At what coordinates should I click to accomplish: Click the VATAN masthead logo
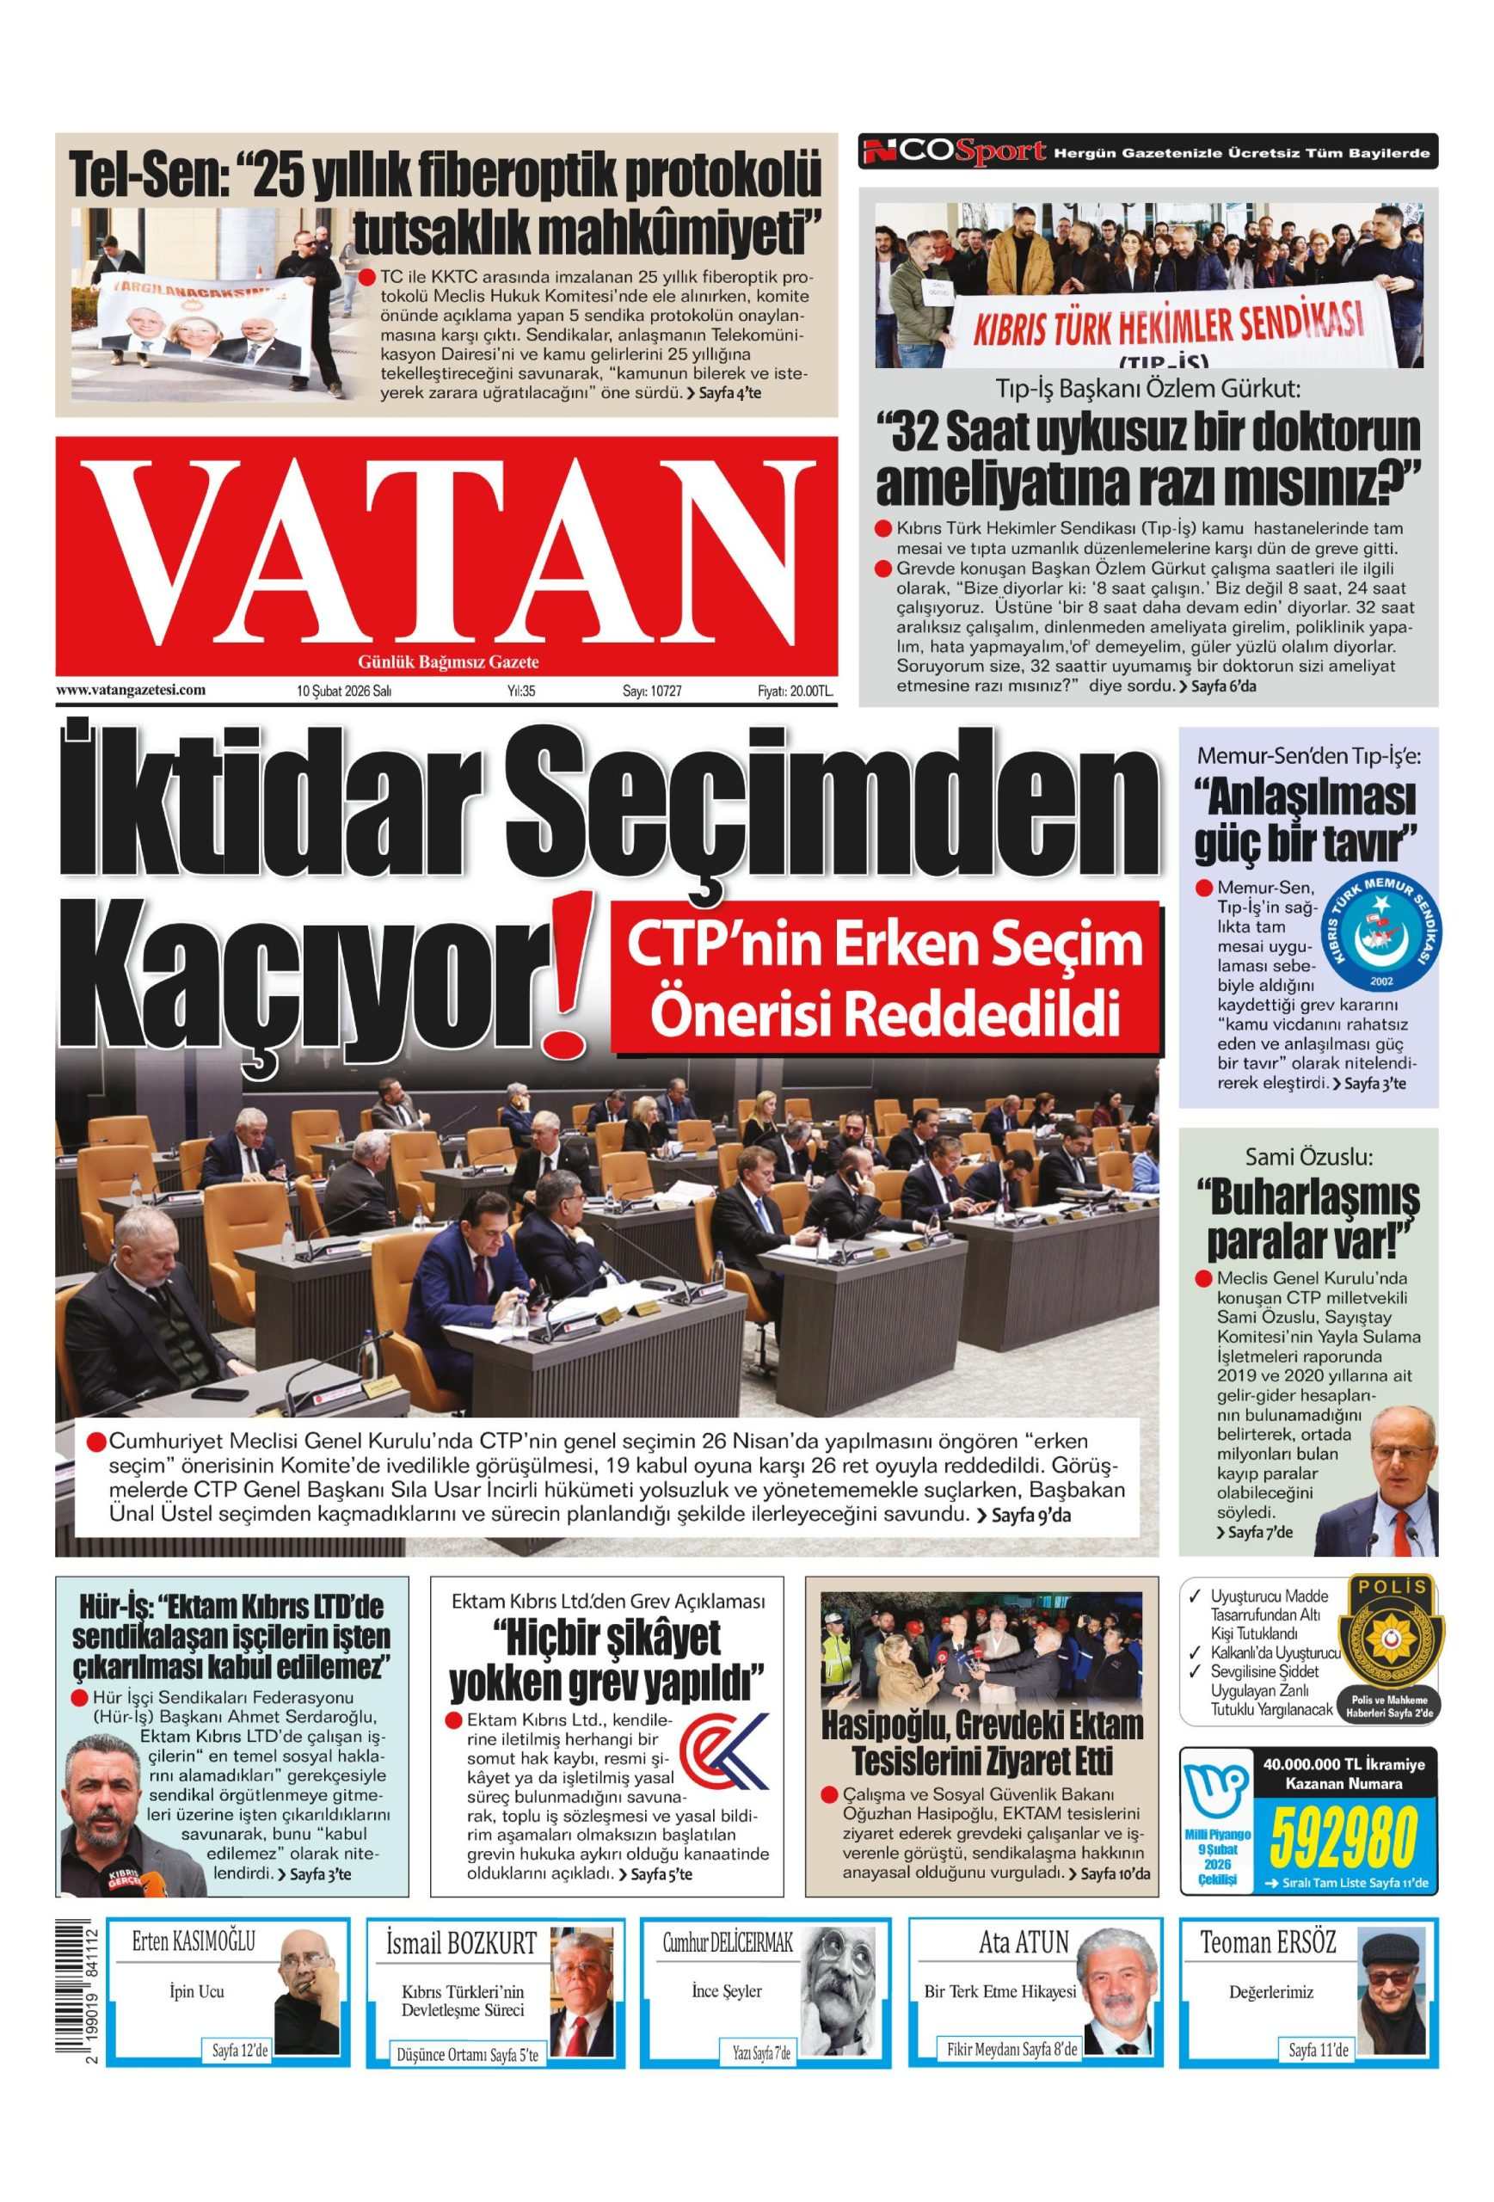pos(446,553)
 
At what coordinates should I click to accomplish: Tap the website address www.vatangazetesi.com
pos(131,690)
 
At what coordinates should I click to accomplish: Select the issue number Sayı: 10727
pos(652,691)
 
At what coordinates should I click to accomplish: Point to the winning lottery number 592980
pos(1343,1836)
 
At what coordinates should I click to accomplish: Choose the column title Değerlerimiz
pos(1270,1991)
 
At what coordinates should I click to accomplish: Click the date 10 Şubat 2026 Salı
pos(344,691)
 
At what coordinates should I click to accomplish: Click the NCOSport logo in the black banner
pos(954,151)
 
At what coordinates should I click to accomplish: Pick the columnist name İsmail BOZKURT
pos(460,1943)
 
